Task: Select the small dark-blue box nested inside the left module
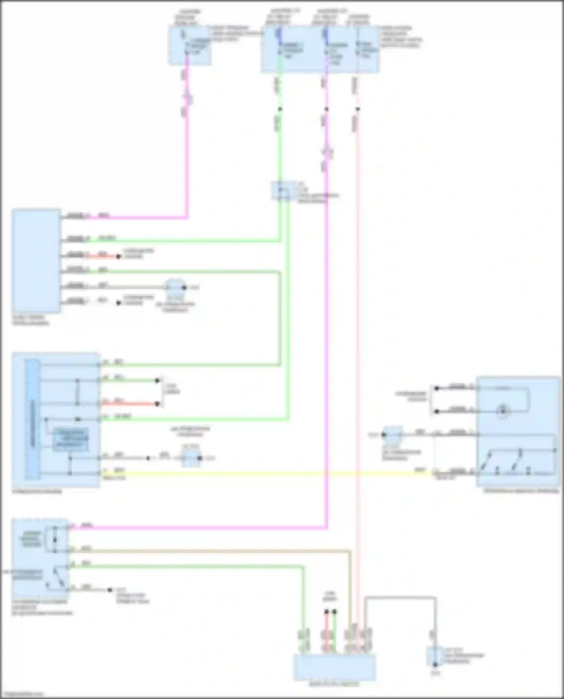[71, 439]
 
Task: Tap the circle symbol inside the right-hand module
[503, 411]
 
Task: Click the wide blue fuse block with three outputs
[320, 50]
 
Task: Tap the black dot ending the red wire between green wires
[158, 404]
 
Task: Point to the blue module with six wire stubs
[36, 260]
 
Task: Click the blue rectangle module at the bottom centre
[334, 667]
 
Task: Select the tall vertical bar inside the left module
[32, 419]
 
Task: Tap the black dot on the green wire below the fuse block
[280, 109]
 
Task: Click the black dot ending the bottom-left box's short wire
[110, 590]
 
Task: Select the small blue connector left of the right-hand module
[393, 435]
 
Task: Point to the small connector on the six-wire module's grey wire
[176, 287]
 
